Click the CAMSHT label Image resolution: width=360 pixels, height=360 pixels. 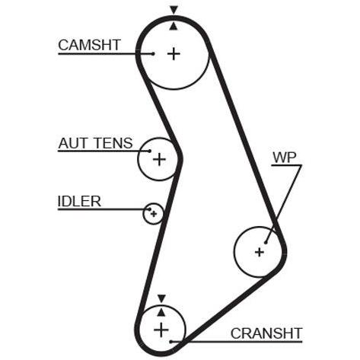89,45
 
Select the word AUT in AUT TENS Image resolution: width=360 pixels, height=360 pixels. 73,143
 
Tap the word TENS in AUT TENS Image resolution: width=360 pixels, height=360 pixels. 113,143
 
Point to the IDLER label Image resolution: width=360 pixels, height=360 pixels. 79,202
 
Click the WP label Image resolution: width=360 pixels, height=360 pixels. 285,158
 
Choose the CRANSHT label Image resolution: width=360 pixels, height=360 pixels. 266,333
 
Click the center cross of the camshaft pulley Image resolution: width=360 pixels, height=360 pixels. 174,54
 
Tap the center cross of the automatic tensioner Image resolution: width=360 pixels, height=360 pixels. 159,159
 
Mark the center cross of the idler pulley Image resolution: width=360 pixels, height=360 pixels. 154,214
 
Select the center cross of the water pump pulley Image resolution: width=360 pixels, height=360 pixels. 260,252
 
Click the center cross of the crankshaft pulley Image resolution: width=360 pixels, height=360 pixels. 161,330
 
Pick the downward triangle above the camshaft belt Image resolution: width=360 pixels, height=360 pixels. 174,10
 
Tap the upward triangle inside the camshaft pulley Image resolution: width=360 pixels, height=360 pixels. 174,26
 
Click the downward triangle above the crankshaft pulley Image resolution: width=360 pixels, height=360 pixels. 161,298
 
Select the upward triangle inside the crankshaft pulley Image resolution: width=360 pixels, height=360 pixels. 161,312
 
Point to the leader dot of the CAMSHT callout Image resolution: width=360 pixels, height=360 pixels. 153,54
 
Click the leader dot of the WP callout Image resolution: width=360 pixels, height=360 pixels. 266,243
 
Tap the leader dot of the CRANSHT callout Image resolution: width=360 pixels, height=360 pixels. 171,342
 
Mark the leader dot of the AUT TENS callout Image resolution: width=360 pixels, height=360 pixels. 150,151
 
